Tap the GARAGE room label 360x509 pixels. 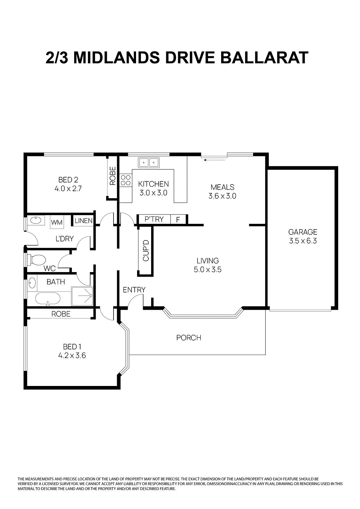(303, 232)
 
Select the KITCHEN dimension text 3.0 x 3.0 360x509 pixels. (153, 193)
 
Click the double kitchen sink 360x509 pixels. (149, 162)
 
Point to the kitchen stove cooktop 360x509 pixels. (126, 180)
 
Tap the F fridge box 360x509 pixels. (178, 220)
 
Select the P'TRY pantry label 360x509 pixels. (154, 219)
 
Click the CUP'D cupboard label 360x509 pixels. (146, 250)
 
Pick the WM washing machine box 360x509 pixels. (57, 222)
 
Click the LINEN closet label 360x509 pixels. (83, 221)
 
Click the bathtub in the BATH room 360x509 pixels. (48, 299)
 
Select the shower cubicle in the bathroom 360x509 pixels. (82, 296)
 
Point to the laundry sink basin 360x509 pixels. (36, 220)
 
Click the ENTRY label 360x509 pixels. (134, 290)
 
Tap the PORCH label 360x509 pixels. (189, 338)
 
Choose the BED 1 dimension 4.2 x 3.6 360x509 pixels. (72, 356)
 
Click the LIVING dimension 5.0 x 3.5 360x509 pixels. (207, 270)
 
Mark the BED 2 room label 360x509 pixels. (68, 180)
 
